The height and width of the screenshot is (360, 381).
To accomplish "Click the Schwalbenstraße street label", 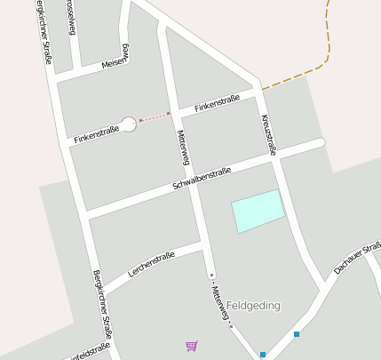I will tap(202, 178).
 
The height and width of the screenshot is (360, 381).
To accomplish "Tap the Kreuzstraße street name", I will tap(268, 133).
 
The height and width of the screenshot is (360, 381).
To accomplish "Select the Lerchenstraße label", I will tap(152, 263).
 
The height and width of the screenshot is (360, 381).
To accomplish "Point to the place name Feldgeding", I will tap(253, 306).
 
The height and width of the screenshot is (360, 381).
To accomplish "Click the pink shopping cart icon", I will tap(191, 345).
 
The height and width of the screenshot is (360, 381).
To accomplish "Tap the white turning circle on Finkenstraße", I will tap(128, 124).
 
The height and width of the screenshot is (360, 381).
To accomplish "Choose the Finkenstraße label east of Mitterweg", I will tap(218, 104).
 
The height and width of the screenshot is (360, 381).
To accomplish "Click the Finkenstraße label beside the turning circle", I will tap(96, 135).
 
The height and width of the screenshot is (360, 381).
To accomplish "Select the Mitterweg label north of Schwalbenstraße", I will tap(184, 147).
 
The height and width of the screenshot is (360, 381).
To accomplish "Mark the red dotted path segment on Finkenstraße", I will tap(155, 116).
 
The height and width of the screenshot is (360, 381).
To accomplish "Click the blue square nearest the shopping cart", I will tap(263, 355).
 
